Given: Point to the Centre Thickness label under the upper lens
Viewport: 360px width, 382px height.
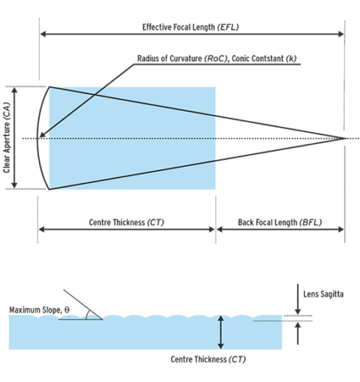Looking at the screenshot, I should [x=127, y=223].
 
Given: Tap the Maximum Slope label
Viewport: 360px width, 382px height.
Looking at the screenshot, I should [x=39, y=308].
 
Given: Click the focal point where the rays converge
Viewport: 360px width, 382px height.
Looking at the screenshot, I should [x=344, y=138].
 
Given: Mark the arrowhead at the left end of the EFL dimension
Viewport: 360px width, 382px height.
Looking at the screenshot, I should [x=41, y=33].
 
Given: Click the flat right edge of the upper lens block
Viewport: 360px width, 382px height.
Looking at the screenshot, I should [x=217, y=138].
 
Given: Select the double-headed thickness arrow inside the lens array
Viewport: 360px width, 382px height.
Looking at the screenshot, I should [x=220, y=331].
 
